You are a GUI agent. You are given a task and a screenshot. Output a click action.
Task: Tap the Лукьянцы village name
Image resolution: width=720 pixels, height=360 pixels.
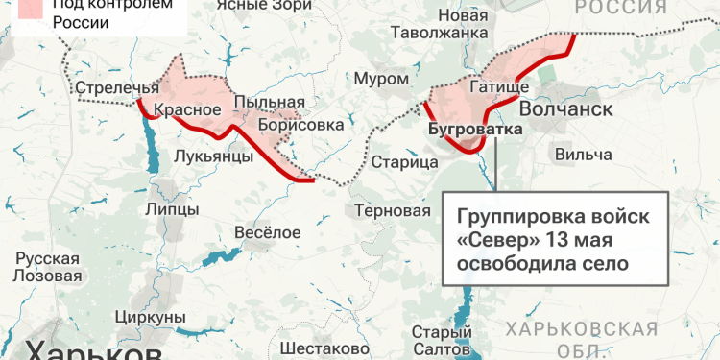coord(214,156)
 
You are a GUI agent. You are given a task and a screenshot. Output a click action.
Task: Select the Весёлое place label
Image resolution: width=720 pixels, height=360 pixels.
coord(267,231)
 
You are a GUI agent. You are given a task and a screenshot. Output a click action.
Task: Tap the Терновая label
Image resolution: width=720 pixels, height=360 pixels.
coord(392,210)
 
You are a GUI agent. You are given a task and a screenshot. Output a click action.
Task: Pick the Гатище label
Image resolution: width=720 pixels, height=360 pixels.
coord(499,88)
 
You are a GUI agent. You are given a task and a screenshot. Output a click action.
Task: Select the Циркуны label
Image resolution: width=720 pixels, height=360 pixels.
coord(149,316)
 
